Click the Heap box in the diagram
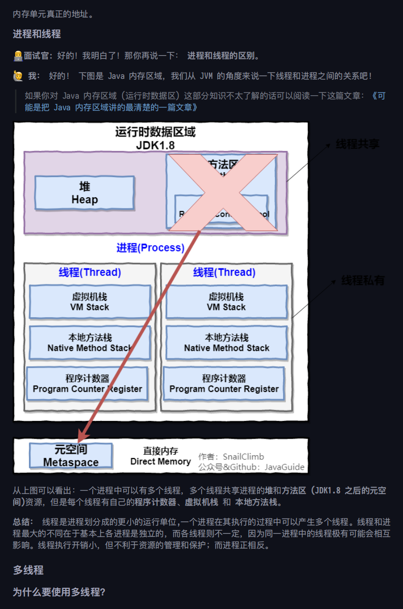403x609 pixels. click(85, 193)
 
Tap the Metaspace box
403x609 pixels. click(71, 456)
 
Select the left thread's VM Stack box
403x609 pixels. click(90, 302)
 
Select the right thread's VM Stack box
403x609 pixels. click(226, 302)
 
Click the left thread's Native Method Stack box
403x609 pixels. click(90, 342)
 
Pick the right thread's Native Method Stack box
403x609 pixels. click(226, 342)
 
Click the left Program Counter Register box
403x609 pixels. click(88, 384)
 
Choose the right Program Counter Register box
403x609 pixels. click(224, 384)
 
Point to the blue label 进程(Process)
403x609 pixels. click(150, 248)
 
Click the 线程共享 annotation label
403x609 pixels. click(358, 144)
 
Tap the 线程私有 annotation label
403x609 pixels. click(363, 280)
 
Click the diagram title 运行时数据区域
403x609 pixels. click(155, 132)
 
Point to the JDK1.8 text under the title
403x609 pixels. click(155, 145)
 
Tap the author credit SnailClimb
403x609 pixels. click(243, 457)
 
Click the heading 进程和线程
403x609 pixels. click(37, 34)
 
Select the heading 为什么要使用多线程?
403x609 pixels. click(59, 592)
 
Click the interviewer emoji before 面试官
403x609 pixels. click(18, 56)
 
